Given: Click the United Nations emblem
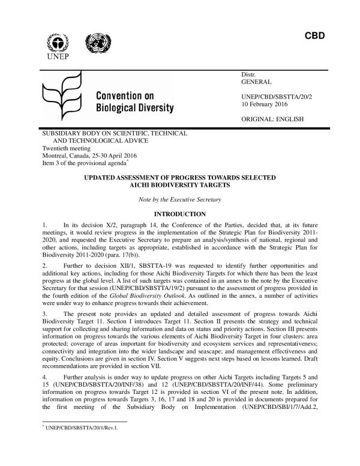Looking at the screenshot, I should [95, 43].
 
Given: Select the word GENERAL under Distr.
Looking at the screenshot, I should [257, 81].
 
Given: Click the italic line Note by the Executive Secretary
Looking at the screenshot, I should [179, 199].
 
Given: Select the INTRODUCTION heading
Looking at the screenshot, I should [180, 214].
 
